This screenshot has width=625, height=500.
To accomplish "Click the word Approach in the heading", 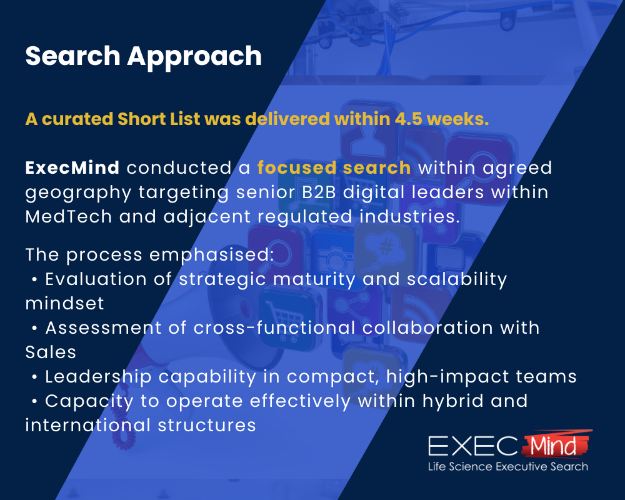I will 194,57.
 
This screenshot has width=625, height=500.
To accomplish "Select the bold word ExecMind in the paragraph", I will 72,168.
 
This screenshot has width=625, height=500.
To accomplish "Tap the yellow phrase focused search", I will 334,168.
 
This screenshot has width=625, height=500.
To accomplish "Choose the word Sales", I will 51,352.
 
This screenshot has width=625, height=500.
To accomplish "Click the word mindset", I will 64,303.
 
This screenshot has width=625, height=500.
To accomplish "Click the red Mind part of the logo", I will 554,446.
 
